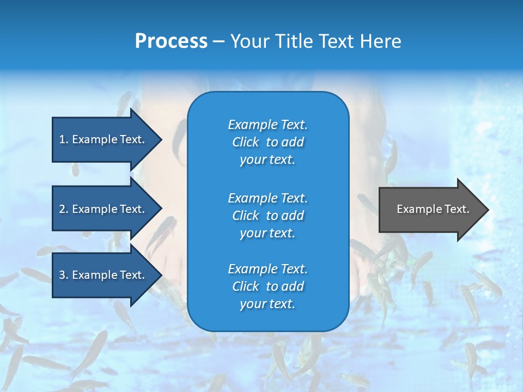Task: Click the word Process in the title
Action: click(x=171, y=41)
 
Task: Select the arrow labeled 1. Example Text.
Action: click(x=104, y=139)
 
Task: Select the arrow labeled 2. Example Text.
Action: click(x=104, y=209)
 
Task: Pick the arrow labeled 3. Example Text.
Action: click(x=104, y=275)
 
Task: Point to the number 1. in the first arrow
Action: click(x=64, y=139)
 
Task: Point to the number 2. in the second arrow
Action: click(x=64, y=209)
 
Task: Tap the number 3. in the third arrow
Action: click(x=64, y=275)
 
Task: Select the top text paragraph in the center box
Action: click(x=267, y=142)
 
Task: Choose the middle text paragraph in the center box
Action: click(x=267, y=216)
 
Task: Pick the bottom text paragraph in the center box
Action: click(x=267, y=286)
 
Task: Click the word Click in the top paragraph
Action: click(x=245, y=142)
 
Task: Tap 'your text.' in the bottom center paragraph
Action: click(x=267, y=304)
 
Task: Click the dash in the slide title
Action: click(x=219, y=41)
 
